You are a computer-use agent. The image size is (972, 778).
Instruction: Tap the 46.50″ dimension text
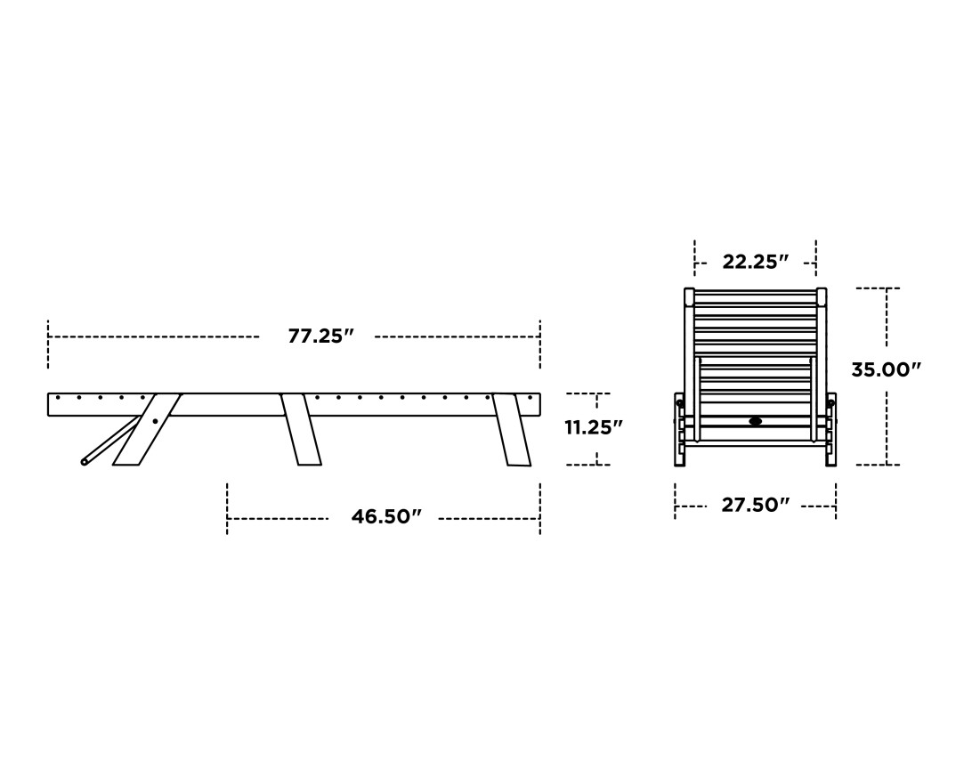click(385, 517)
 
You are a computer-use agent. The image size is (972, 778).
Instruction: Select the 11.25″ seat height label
click(593, 427)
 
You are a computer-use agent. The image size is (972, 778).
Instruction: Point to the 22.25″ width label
click(755, 262)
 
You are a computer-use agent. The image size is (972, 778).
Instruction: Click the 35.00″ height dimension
click(885, 369)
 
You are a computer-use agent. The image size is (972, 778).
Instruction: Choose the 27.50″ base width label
click(755, 506)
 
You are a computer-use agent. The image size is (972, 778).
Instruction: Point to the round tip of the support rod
click(85, 461)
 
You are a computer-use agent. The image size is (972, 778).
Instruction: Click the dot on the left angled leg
click(155, 421)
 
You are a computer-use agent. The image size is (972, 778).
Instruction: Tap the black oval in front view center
click(756, 421)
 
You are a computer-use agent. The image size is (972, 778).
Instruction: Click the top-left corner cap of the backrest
click(689, 296)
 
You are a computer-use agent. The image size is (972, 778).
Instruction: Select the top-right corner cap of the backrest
click(821, 296)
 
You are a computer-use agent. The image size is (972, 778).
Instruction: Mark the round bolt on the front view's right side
click(830, 403)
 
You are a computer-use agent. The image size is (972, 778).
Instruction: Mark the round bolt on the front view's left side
click(680, 403)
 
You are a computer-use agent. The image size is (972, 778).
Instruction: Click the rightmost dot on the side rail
click(530, 397)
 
